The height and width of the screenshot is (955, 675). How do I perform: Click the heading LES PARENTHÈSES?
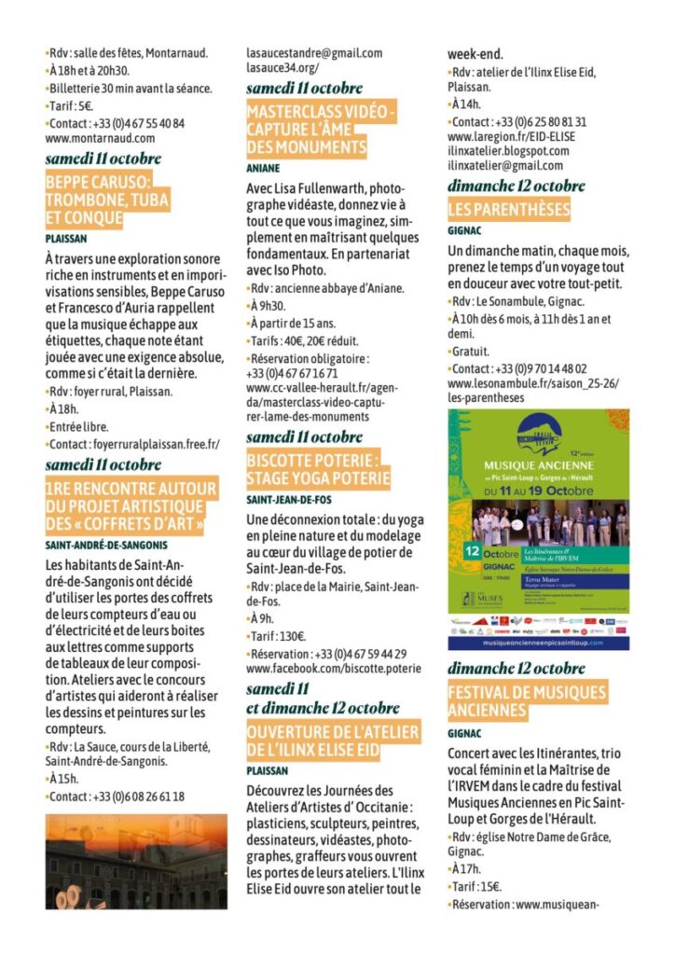point(508,208)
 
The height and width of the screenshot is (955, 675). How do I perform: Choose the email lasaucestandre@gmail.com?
point(314,53)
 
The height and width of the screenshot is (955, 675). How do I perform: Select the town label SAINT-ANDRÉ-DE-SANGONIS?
point(106,543)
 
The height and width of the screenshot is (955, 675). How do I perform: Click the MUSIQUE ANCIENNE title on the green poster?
point(538,464)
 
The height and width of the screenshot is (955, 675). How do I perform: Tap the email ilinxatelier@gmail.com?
point(505,165)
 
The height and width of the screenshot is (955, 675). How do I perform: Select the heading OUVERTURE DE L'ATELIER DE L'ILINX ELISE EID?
point(333,742)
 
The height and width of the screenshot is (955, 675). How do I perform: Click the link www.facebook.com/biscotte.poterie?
point(334,669)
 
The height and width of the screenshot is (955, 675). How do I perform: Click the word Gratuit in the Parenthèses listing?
point(471,352)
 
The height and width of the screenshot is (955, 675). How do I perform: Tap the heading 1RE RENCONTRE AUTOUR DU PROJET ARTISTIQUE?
point(131,506)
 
